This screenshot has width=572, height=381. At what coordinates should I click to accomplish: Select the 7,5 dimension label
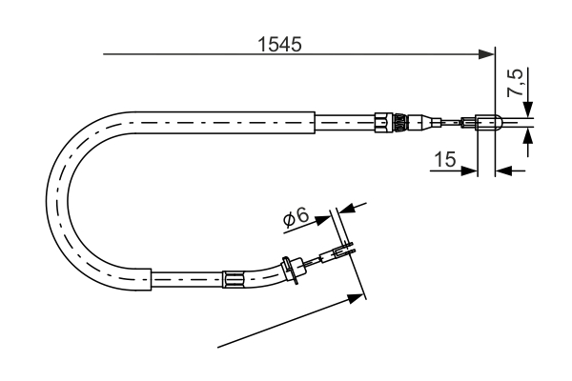(515, 83)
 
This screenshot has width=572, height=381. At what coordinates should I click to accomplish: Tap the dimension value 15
(442, 159)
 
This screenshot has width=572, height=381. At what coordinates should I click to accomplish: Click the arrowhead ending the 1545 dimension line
(487, 54)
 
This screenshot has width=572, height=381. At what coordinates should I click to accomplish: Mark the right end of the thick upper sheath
(314, 121)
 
